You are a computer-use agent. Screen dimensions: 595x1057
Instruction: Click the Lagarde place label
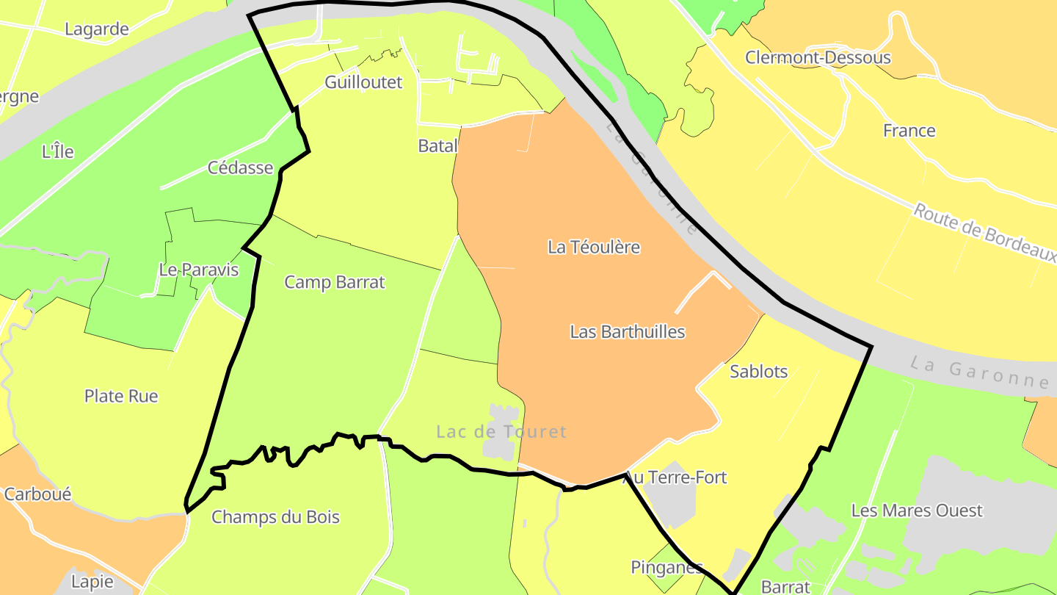[97, 29]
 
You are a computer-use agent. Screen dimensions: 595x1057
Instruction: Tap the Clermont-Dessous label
[818, 57]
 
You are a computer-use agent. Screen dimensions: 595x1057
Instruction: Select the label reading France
[909, 131]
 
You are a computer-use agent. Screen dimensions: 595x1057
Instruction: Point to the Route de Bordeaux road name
[984, 233]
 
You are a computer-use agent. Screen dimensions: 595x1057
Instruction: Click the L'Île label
[58, 151]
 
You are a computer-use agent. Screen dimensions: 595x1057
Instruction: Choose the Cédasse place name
[241, 167]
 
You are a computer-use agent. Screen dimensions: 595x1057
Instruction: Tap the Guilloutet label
[363, 82]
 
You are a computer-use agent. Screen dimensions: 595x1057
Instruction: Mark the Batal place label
[437, 145]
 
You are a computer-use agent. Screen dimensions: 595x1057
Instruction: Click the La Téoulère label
[594, 247]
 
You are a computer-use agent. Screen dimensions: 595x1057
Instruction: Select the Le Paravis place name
[199, 270]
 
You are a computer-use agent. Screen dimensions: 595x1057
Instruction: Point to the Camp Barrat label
[335, 282]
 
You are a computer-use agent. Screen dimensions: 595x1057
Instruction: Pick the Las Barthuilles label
[628, 331]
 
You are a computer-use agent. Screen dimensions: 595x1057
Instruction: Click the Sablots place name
[759, 371]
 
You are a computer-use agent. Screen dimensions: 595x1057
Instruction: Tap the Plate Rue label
[121, 396]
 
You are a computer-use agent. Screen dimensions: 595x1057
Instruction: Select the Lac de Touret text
[501, 431]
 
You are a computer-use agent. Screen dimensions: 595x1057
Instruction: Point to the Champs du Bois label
[275, 517]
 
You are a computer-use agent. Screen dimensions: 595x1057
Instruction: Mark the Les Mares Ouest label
[917, 510]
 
